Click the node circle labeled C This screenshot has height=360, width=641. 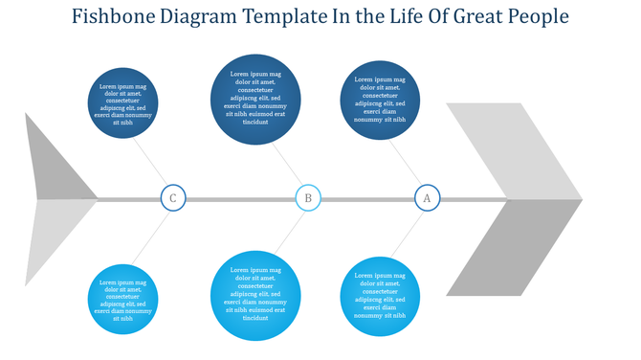[172, 199]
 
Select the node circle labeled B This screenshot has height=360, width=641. [308, 199]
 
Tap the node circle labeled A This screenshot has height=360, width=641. [427, 199]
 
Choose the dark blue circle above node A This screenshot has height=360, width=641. [380, 100]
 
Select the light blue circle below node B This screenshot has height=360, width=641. [255, 296]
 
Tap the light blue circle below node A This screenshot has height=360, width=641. [380, 297]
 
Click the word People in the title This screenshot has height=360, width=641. [539, 17]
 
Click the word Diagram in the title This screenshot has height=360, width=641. [198, 17]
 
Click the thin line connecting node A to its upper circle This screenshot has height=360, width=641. [405, 166]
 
